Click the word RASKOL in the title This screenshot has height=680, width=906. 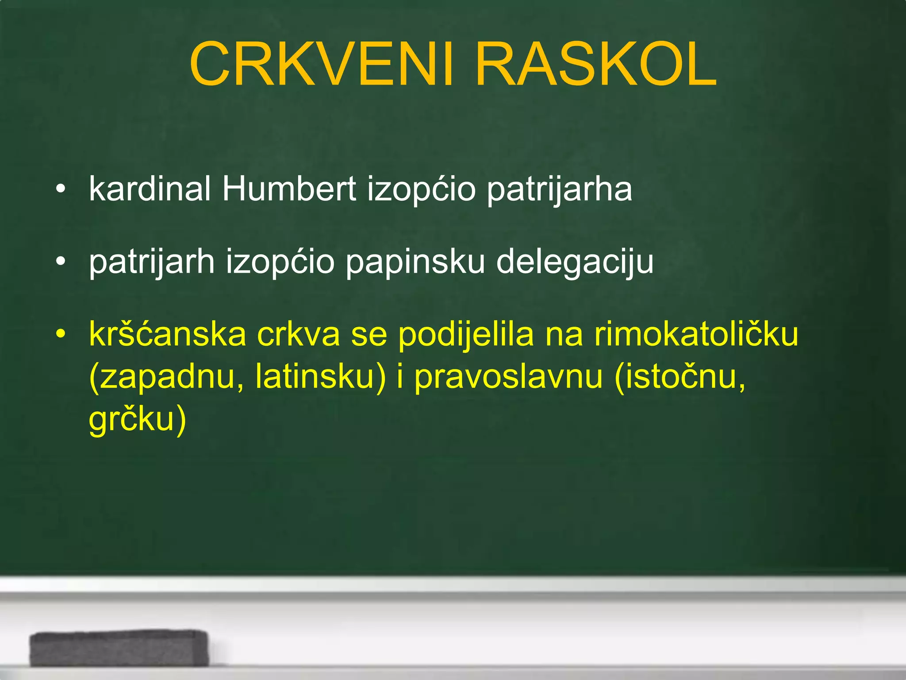click(x=595, y=65)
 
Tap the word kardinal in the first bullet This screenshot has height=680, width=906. click(x=150, y=189)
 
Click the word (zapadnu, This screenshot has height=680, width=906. click(x=166, y=377)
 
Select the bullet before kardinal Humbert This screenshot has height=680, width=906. click(x=61, y=189)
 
